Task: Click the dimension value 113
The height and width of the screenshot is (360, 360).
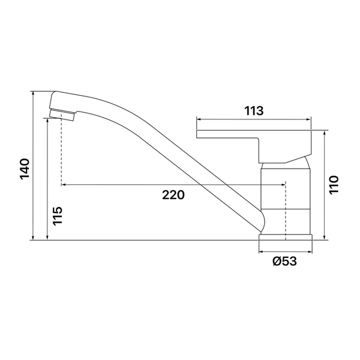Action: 254,111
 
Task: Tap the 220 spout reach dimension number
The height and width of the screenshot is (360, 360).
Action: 173,195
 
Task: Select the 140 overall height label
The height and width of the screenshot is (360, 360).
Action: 25,169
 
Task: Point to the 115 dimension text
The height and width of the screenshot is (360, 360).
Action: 58,216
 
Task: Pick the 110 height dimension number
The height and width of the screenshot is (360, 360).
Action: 334,185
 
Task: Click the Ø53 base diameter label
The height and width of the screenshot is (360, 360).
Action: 284,261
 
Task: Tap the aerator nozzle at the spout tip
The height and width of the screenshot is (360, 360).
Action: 62,115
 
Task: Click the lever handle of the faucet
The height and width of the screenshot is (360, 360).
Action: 254,146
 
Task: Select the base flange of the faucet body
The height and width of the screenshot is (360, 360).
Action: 286,237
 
